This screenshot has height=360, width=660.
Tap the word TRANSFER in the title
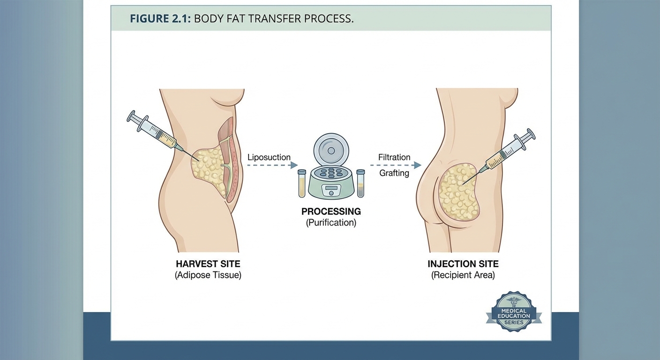click(x=265, y=19)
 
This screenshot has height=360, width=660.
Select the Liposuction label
click(x=269, y=157)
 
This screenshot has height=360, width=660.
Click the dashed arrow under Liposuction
click(x=272, y=165)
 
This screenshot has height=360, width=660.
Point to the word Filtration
click(x=394, y=157)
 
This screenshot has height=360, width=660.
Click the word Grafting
click(x=394, y=173)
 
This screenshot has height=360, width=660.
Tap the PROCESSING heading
click(x=331, y=211)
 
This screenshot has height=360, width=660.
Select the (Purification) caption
click(x=331, y=223)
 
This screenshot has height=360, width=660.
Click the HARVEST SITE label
click(x=208, y=264)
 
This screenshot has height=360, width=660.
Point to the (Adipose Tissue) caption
click(x=208, y=275)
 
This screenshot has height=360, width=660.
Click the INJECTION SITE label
click(x=463, y=264)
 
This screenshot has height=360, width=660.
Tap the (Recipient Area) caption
click(x=463, y=275)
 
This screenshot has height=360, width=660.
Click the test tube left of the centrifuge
click(x=302, y=183)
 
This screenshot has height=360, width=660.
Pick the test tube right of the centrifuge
click(x=360, y=183)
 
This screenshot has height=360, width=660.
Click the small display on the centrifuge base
click(x=331, y=189)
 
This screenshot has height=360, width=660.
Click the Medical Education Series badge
click(x=514, y=312)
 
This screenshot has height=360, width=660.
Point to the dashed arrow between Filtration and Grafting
click(x=395, y=165)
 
